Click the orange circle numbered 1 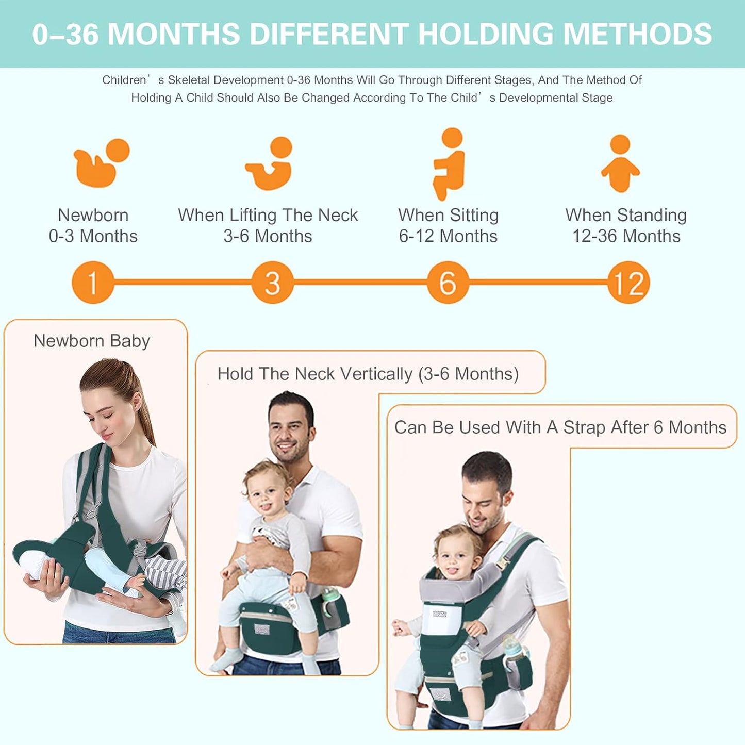point(93,283)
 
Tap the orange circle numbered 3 point(272,283)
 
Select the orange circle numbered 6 point(448,283)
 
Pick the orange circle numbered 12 point(628,283)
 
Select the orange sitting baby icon point(449,163)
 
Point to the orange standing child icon point(620,163)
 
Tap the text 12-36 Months point(626,236)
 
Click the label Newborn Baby point(92,341)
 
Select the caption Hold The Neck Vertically point(315,374)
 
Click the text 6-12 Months point(448,236)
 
